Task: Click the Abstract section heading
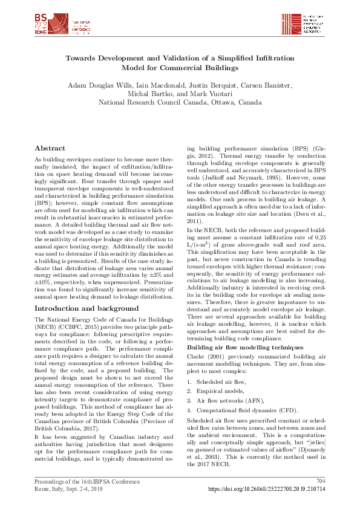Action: coord(50,148)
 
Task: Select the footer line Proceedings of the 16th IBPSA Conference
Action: coord(87,481)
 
